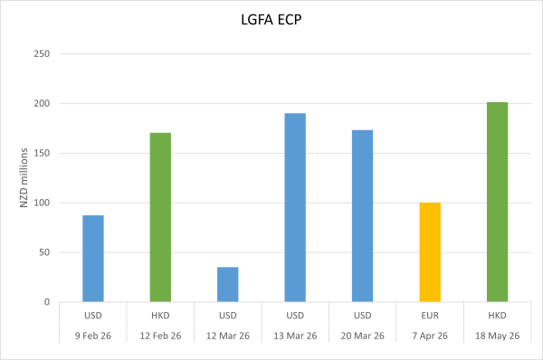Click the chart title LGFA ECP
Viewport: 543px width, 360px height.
tap(272, 21)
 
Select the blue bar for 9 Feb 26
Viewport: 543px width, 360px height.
tap(93, 259)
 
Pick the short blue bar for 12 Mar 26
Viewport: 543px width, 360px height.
tap(228, 284)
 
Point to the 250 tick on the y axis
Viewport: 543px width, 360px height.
tap(43, 54)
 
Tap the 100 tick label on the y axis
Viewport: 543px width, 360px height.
tap(43, 203)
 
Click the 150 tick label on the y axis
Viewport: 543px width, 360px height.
tap(43, 154)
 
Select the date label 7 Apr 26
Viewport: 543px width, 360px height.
tap(430, 336)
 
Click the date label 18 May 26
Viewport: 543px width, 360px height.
tap(497, 336)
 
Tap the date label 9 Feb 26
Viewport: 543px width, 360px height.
tap(93, 336)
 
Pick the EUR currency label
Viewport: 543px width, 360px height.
tap(430, 316)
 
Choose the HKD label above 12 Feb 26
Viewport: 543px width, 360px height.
tap(160, 316)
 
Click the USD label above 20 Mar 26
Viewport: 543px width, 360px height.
tap(362, 316)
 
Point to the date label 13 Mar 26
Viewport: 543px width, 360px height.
tap(295, 336)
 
